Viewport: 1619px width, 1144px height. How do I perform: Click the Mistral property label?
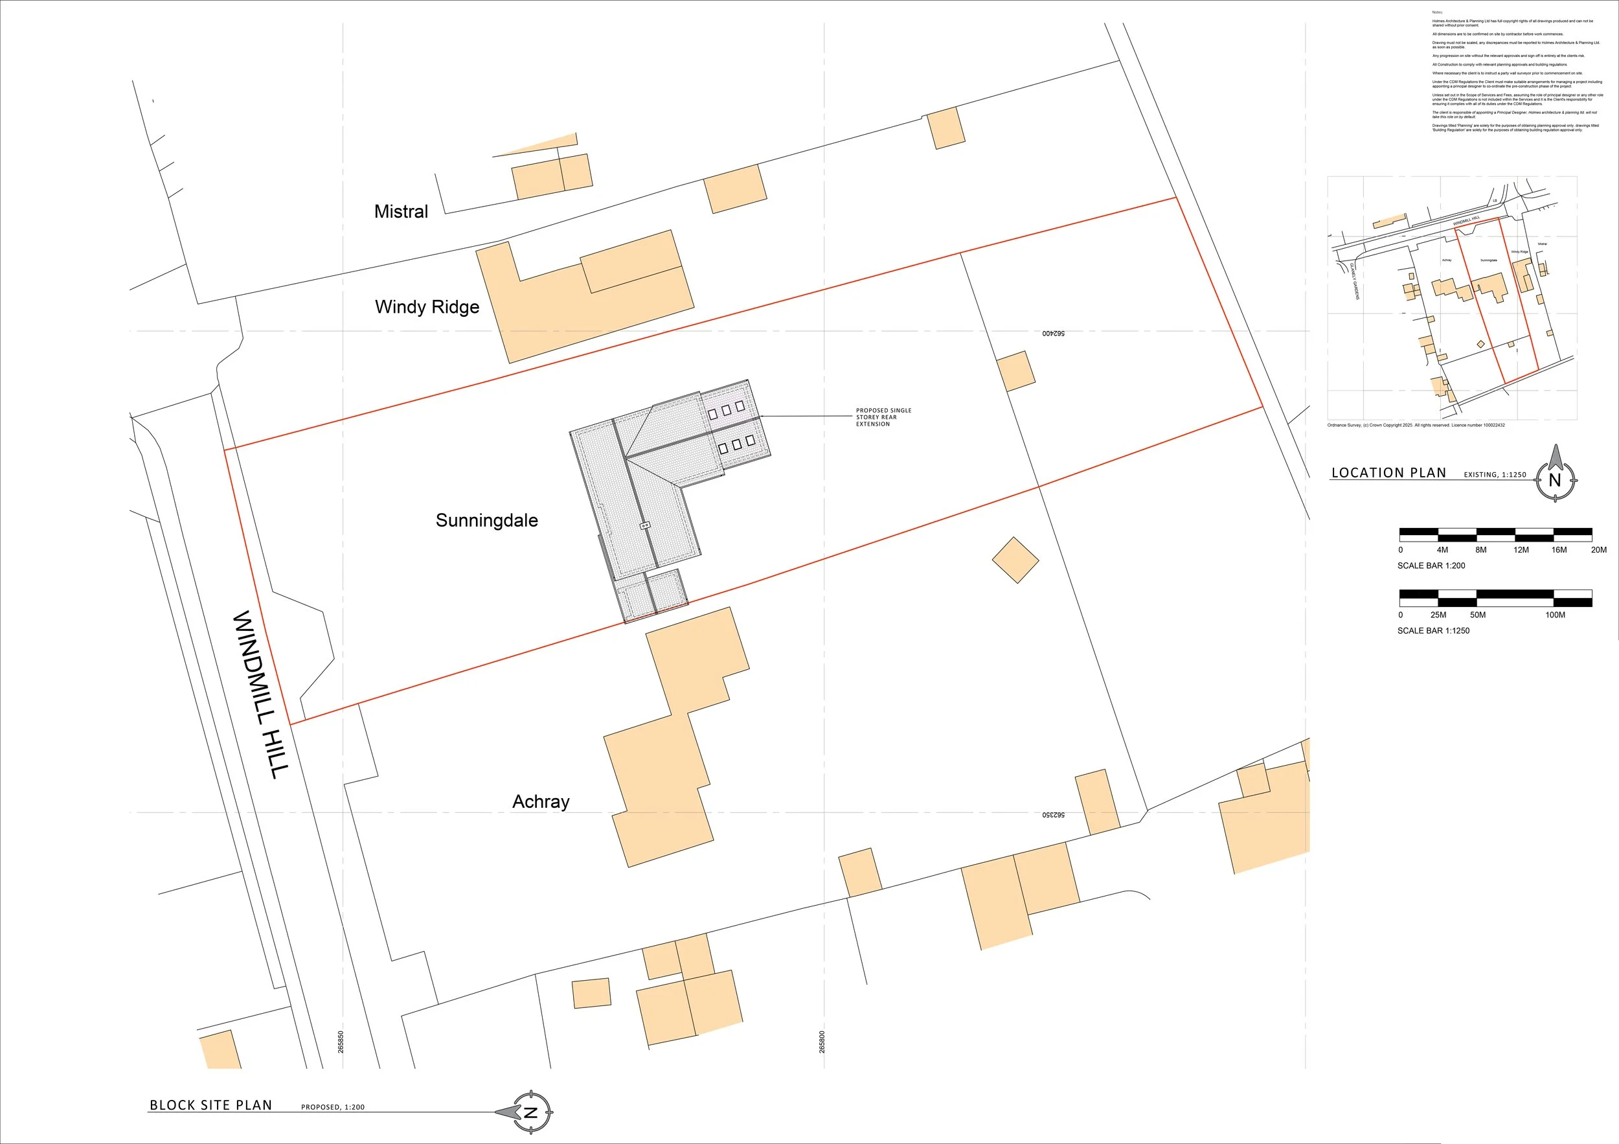(x=400, y=212)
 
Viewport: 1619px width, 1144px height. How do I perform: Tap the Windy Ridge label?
(x=427, y=307)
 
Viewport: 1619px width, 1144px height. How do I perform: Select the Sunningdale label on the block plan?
(x=486, y=521)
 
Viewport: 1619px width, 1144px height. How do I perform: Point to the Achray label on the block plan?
(x=541, y=801)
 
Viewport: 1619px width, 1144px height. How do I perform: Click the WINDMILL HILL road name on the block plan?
(x=260, y=694)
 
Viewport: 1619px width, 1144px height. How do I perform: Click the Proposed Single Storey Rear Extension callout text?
(x=883, y=417)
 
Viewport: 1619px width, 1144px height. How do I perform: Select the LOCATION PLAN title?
(x=1388, y=472)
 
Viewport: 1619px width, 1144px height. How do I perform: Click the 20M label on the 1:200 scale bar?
(x=1598, y=550)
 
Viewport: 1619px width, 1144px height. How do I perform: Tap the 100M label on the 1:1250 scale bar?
(x=1555, y=615)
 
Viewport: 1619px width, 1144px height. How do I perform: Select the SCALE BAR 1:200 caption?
(x=1431, y=566)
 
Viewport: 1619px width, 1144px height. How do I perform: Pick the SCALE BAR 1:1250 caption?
(x=1433, y=630)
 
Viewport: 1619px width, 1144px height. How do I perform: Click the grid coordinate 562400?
(x=1054, y=333)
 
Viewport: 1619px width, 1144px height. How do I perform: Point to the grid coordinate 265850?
(x=341, y=1042)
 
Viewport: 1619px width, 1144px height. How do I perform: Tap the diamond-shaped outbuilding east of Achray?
(x=1015, y=560)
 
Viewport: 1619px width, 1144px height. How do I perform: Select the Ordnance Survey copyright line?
(x=1416, y=426)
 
